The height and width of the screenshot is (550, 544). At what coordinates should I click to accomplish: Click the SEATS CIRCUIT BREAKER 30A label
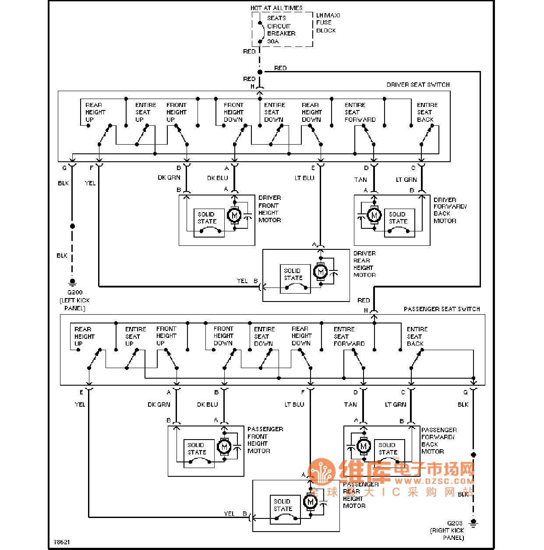[x=281, y=30]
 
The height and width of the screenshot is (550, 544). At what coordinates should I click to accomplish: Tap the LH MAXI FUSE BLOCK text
[x=328, y=23]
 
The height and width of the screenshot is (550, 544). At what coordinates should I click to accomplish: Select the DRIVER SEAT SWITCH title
[x=418, y=85]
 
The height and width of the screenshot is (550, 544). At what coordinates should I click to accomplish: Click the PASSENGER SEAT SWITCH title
[x=442, y=309]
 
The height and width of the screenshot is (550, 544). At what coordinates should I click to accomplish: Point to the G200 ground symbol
[x=73, y=282]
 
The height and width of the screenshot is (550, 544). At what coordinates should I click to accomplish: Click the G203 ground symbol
[x=473, y=523]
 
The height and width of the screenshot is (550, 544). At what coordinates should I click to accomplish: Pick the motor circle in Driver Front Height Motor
[x=234, y=215]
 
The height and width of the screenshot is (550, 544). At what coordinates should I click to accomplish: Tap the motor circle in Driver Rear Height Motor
[x=321, y=272]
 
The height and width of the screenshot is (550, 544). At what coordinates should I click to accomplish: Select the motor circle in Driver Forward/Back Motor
[x=374, y=215]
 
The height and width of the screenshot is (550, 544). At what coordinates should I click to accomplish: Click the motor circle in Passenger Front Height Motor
[x=224, y=447]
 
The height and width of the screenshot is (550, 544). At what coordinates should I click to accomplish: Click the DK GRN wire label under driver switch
[x=169, y=177]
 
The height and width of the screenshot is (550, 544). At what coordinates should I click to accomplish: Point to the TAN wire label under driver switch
[x=360, y=180]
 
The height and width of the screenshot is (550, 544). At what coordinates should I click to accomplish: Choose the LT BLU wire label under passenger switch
[x=294, y=405]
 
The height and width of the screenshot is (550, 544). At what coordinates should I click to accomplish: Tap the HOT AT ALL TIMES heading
[x=276, y=8]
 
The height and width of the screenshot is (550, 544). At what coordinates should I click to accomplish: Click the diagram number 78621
[x=62, y=542]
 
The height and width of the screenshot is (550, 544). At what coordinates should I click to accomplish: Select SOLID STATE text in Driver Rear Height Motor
[x=293, y=274]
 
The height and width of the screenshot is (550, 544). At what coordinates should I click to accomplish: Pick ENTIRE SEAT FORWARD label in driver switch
[x=360, y=112]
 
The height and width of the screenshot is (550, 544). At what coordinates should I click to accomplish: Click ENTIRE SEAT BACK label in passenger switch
[x=417, y=337]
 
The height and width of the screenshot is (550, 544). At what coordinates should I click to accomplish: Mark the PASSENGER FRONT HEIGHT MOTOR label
[x=265, y=440]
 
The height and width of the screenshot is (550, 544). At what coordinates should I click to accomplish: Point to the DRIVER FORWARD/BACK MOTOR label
[x=450, y=210]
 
